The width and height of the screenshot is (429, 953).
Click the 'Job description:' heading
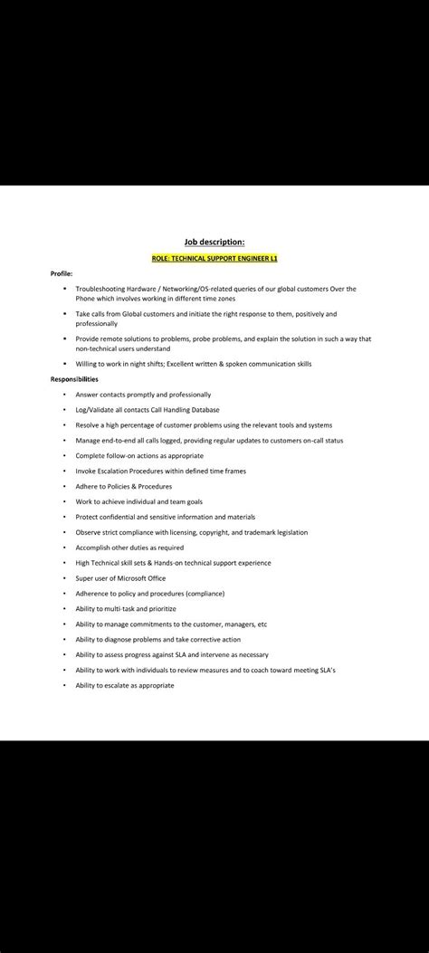click(x=214, y=242)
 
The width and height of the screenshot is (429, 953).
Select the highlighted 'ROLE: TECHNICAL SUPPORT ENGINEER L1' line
click(x=214, y=259)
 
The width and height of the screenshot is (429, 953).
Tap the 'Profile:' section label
click(x=62, y=273)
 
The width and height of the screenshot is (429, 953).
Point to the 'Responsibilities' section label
click(x=74, y=379)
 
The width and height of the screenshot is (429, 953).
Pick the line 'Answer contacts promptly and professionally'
click(x=143, y=395)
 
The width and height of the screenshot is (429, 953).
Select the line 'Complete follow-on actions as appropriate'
click(x=139, y=455)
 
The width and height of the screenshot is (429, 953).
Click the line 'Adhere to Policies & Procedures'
click(x=123, y=486)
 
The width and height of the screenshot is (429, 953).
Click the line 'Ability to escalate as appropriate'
click(x=125, y=685)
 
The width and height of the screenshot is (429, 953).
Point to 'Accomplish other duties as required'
click(x=129, y=548)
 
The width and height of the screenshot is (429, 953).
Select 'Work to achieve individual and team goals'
click(x=138, y=501)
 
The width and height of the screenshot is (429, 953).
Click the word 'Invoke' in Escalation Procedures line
click(x=86, y=471)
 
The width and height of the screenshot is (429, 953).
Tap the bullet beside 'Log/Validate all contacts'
click(x=64, y=410)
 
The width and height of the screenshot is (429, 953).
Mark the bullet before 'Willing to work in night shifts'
click(x=64, y=364)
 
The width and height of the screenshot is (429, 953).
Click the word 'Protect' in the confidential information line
click(x=88, y=517)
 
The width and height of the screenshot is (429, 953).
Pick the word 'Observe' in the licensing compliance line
click(x=89, y=532)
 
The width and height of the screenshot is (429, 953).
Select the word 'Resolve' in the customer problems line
click(x=88, y=424)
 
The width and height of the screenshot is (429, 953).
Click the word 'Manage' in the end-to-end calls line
click(x=88, y=440)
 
